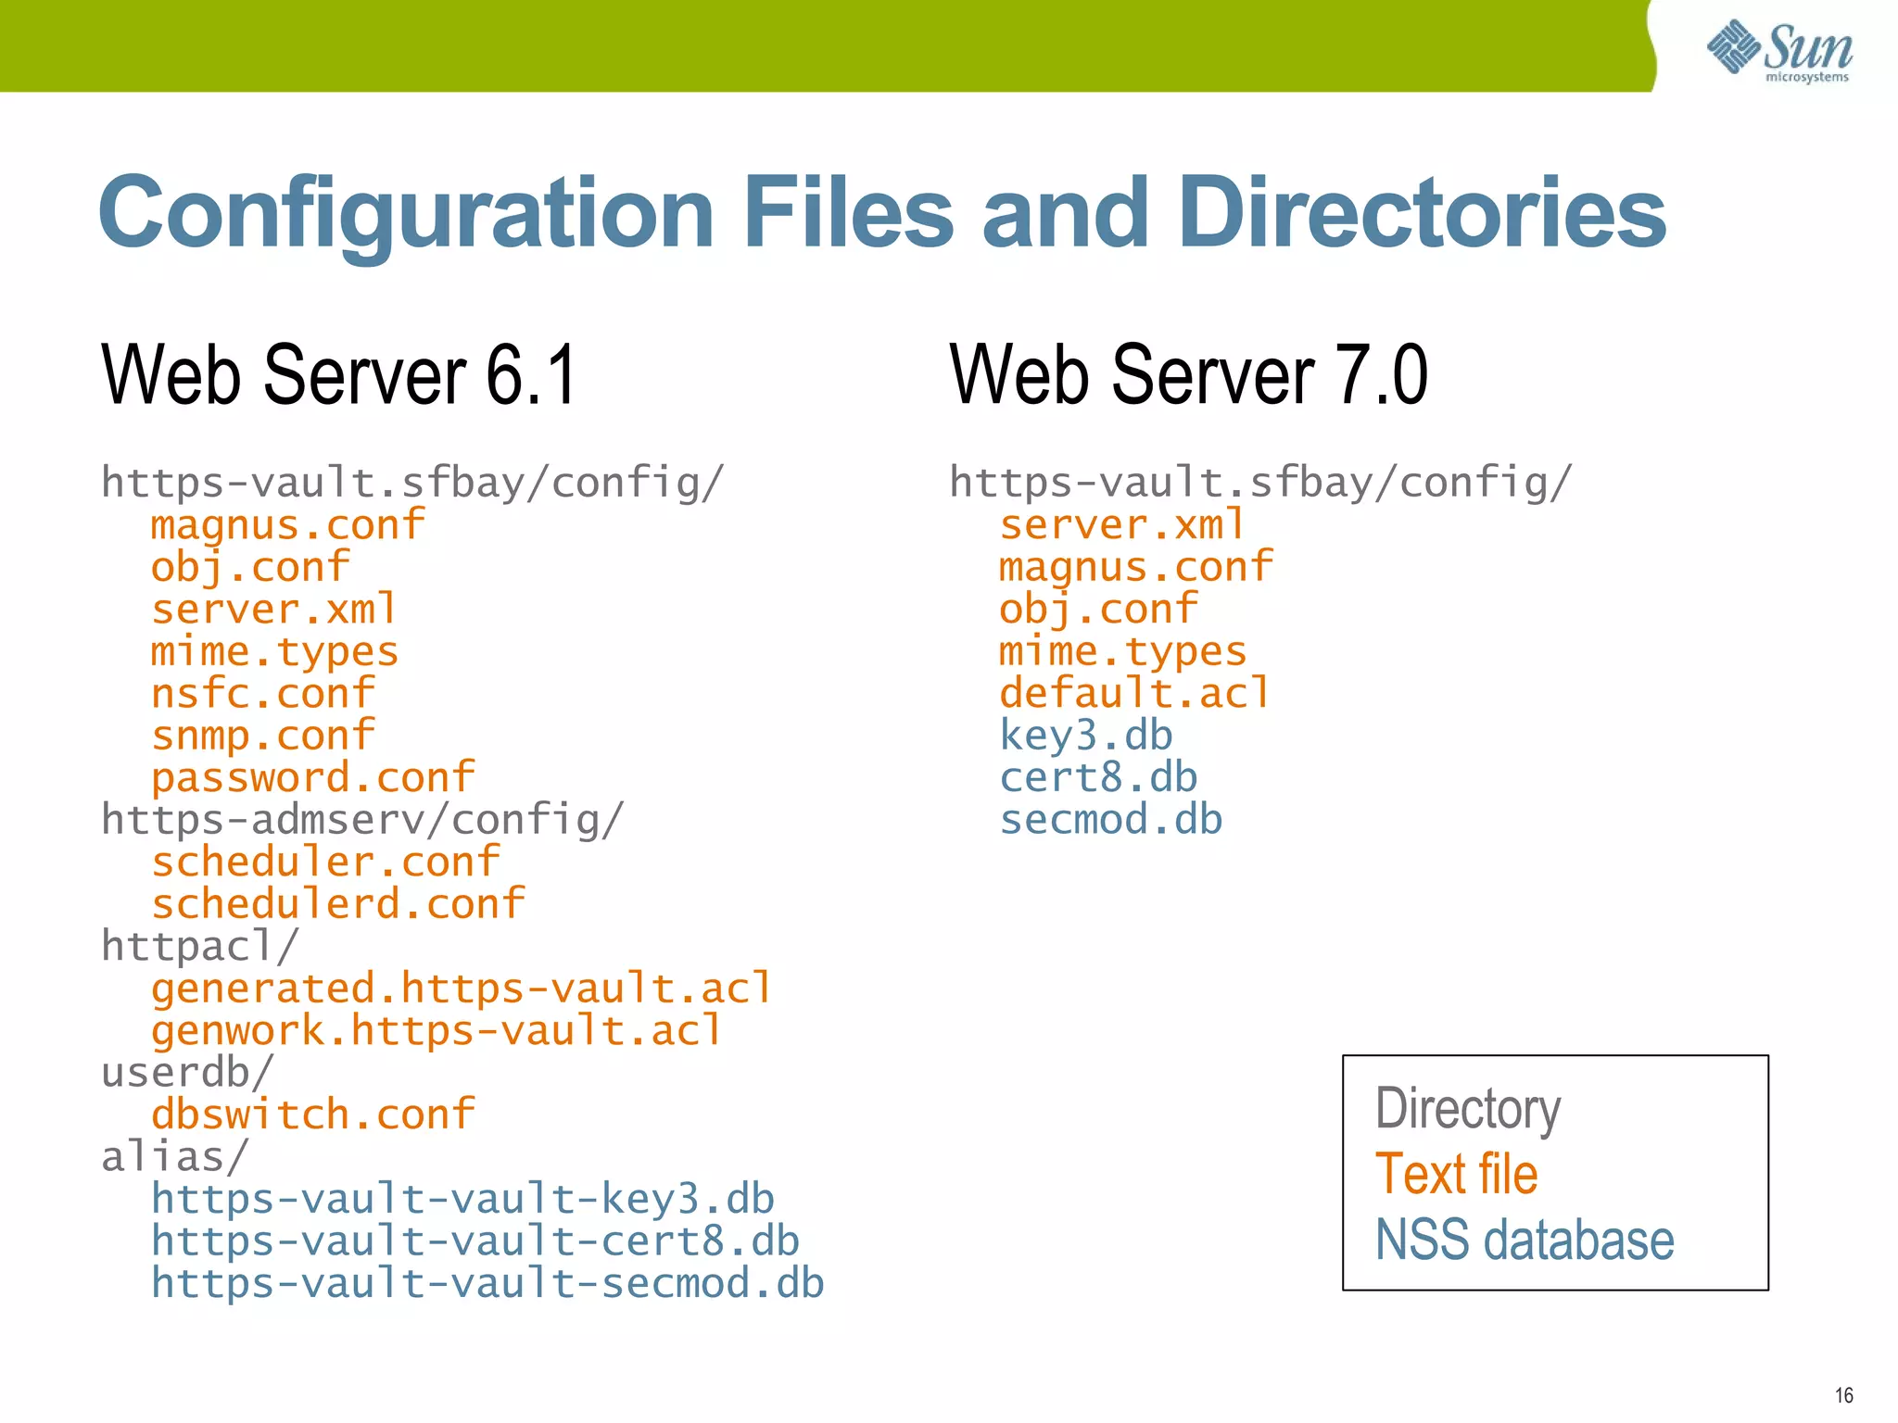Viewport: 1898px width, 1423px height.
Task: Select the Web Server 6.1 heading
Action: click(339, 375)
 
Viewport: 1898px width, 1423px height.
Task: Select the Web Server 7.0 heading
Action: click(1188, 375)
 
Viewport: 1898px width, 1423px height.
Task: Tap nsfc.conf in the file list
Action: click(263, 694)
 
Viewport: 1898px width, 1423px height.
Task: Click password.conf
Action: click(313, 778)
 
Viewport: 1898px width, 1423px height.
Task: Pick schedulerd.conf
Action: click(338, 904)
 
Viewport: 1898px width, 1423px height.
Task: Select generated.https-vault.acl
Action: click(462, 989)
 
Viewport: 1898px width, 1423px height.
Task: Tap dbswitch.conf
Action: click(313, 1114)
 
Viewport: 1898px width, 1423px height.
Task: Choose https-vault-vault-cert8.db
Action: click(475, 1241)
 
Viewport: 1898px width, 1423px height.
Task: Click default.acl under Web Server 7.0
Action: click(1134, 694)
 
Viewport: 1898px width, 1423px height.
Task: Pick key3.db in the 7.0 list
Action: click(1086, 736)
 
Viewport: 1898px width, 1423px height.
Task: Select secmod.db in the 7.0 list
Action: click(1110, 820)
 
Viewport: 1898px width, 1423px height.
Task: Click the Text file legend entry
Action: click(1456, 1175)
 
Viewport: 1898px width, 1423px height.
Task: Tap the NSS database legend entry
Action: click(1525, 1240)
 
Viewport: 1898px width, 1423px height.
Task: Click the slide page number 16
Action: click(1843, 1395)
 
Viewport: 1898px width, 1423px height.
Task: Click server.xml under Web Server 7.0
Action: click(1121, 525)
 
